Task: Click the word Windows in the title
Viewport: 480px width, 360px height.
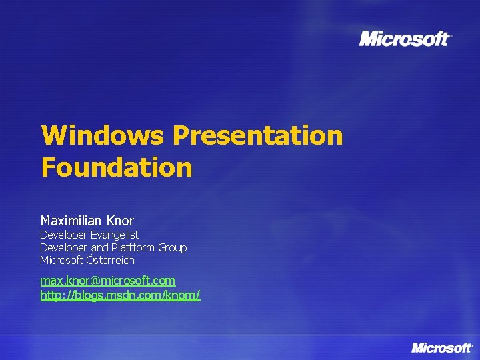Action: pos(102,136)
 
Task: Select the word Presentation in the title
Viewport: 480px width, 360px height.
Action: pos(257,136)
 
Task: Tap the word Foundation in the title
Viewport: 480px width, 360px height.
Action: pos(116,167)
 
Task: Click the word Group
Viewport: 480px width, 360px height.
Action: pos(173,247)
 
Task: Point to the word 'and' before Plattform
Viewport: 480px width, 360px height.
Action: pos(99,247)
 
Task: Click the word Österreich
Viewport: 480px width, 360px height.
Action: pos(112,260)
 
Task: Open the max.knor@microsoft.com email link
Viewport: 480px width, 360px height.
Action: pos(107,281)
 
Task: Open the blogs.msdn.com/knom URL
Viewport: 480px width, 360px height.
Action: pos(120,295)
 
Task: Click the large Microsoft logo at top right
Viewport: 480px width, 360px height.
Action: pos(405,39)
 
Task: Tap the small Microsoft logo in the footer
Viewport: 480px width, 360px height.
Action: pos(441,347)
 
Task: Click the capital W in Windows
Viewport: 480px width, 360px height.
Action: pos(52,136)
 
